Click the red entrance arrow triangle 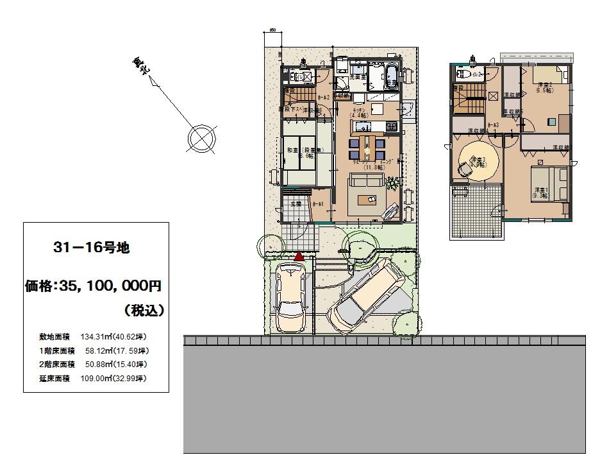tap(299, 256)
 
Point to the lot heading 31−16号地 tap(92, 248)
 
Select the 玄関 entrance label tap(296, 204)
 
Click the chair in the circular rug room tap(463, 169)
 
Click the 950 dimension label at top tap(272, 30)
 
